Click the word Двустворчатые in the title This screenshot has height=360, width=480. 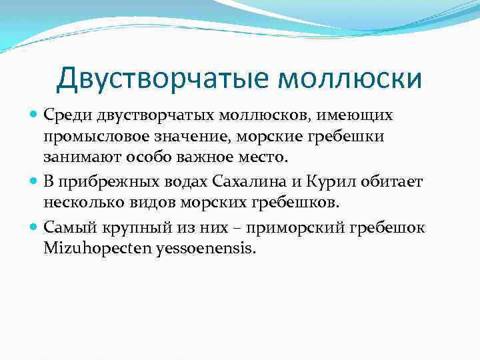[x=163, y=79]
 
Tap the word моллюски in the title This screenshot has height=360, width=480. [x=349, y=79]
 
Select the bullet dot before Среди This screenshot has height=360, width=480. [x=35, y=116]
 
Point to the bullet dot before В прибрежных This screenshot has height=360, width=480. [x=35, y=183]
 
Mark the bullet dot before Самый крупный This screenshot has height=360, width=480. [x=35, y=227]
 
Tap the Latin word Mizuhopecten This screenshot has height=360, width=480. [x=87, y=249]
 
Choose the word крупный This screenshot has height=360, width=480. [x=127, y=227]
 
